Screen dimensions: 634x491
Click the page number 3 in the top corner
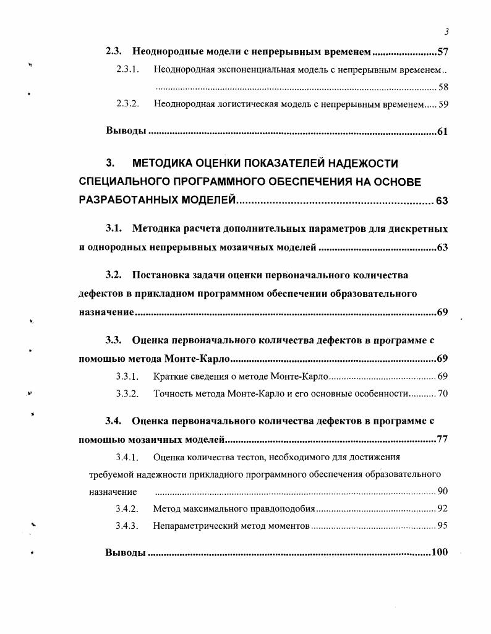pos(446,32)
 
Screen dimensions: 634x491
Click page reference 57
pos(442,52)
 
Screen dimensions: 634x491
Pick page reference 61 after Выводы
pos(442,131)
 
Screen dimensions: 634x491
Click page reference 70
pos(442,393)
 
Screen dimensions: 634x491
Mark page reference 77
pos(442,440)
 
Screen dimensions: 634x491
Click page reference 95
pos(442,526)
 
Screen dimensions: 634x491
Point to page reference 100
pos(440,552)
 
